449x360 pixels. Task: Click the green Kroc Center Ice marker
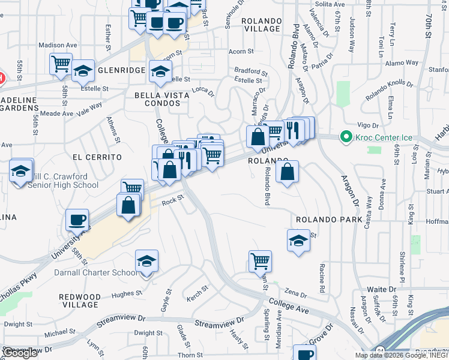(x=346, y=137)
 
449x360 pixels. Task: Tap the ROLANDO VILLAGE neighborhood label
(x=261, y=25)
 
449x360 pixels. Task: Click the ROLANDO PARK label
(x=328, y=220)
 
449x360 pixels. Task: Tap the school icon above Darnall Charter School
(x=146, y=261)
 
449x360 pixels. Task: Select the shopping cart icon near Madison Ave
(x=61, y=64)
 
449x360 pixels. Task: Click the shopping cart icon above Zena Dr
(x=260, y=261)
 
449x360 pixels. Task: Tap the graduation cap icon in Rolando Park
(x=298, y=241)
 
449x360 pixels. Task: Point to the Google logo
(x=20, y=353)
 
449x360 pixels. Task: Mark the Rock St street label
(x=171, y=203)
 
